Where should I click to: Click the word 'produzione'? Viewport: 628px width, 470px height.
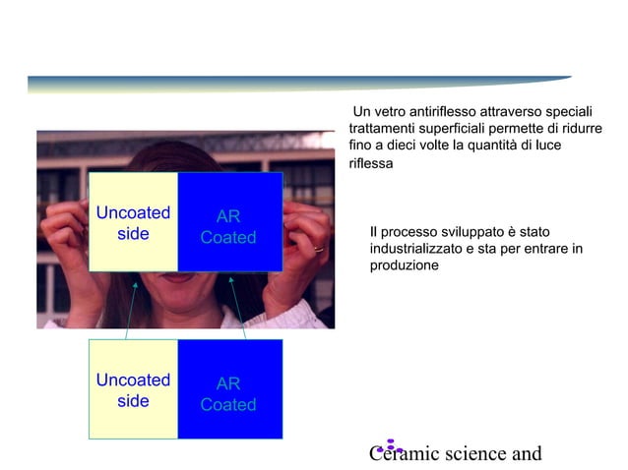click(404, 266)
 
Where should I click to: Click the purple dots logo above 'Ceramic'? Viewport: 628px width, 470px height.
click(391, 445)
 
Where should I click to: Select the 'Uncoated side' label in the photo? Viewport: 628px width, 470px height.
click(133, 223)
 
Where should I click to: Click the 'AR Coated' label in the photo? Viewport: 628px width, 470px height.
click(228, 227)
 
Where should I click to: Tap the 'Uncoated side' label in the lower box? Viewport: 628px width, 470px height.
click(133, 390)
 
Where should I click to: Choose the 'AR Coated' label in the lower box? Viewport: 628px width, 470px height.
click(228, 394)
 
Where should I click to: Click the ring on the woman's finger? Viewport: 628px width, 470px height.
click(318, 249)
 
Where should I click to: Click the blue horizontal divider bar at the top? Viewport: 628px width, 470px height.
click(295, 83)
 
